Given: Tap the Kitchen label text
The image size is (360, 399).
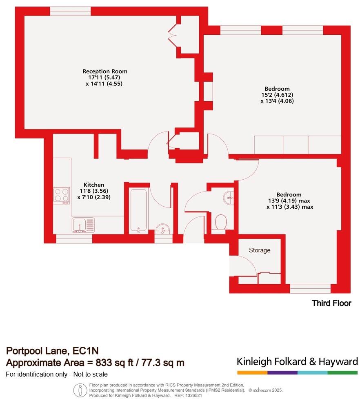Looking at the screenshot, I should pos(94,185).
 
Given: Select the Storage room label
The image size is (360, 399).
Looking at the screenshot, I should pos(260,250).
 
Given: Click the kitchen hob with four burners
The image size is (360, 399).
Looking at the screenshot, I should pos(61,195).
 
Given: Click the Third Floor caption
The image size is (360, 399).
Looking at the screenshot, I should pos(331,303).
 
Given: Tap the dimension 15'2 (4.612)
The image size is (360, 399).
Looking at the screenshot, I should pos(277,95).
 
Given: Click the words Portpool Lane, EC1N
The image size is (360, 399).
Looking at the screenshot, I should pos(52,350).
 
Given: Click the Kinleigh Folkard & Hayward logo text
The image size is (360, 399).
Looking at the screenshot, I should pos(297,361).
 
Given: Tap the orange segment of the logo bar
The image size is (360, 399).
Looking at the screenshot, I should pos(252,372).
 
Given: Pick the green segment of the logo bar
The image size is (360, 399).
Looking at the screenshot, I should pos(342,372).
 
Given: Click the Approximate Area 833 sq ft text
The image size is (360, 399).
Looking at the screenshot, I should pos(95,362).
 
